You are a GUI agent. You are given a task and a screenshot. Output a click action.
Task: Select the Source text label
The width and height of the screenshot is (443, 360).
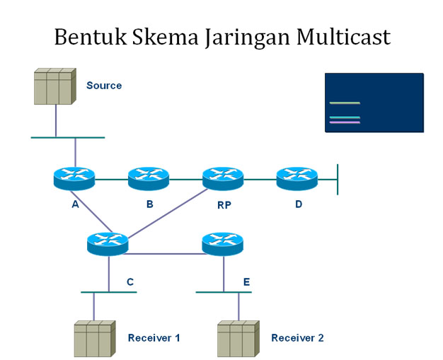click(x=104, y=86)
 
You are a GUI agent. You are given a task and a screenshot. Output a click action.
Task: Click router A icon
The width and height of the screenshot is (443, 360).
click(x=74, y=178)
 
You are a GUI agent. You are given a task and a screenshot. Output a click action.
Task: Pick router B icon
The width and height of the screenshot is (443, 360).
click(x=149, y=178)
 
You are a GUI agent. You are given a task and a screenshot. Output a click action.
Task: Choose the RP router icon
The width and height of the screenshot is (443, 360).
click(x=223, y=178)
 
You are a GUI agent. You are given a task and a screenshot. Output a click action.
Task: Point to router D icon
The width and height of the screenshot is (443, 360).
click(x=297, y=178)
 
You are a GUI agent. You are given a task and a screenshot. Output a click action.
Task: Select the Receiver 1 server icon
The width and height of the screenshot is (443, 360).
click(x=94, y=338)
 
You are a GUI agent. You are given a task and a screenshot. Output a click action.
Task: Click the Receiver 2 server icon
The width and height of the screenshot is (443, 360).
click(x=237, y=338)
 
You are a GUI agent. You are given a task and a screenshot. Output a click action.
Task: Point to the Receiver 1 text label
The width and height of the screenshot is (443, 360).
click(x=154, y=338)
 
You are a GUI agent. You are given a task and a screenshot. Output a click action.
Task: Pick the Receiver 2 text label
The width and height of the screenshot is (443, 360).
click(x=297, y=338)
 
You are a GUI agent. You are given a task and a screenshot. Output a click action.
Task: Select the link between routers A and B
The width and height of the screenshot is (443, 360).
click(x=111, y=180)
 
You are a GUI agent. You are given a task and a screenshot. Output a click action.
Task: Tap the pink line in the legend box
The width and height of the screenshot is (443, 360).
click(x=345, y=122)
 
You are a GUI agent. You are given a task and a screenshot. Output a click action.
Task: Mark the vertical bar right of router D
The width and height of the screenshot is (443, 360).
click(x=338, y=179)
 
